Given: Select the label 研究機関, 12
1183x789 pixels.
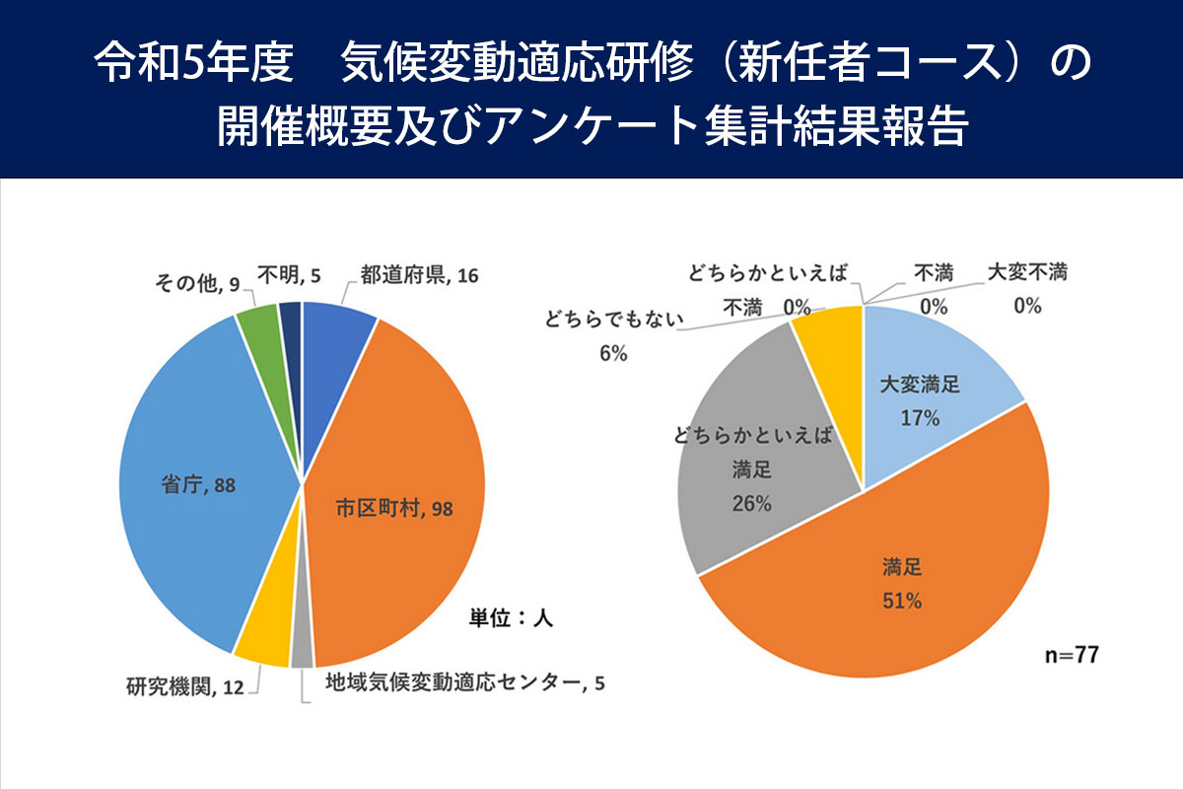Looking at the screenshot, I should (x=184, y=686).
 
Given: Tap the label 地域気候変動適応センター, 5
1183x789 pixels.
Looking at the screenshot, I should (x=465, y=682).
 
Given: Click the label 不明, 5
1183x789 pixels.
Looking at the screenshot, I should (x=288, y=277).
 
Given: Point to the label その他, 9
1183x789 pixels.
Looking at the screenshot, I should (x=197, y=284).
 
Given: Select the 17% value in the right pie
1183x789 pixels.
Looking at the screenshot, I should (x=919, y=417).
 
